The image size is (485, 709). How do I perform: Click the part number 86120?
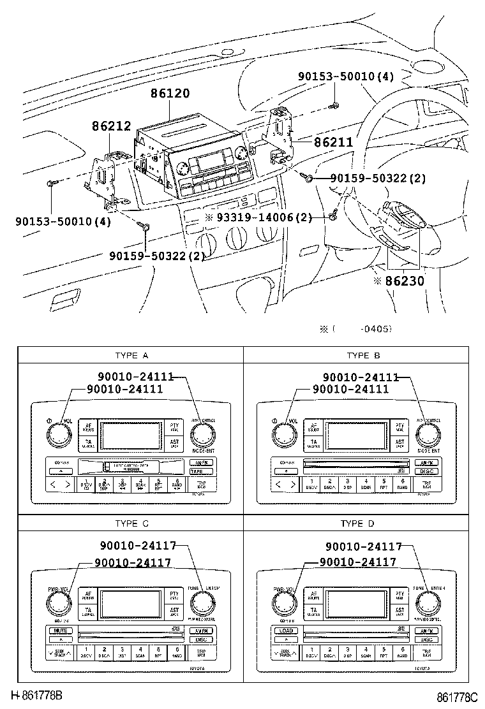pyautogui.click(x=170, y=93)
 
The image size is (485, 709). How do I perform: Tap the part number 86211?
pyautogui.click(x=332, y=142)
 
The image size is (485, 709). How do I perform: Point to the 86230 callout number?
pyautogui.click(x=405, y=280)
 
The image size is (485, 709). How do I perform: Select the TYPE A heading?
pyautogui.click(x=131, y=355)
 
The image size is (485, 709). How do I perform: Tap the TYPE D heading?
pyautogui.click(x=358, y=523)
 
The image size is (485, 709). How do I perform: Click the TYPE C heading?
pyautogui.click(x=131, y=523)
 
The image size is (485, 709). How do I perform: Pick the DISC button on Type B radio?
pyautogui.click(x=426, y=471)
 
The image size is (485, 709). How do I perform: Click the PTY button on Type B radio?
pyautogui.click(x=399, y=427)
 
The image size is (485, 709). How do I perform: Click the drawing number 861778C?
pyautogui.click(x=457, y=697)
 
